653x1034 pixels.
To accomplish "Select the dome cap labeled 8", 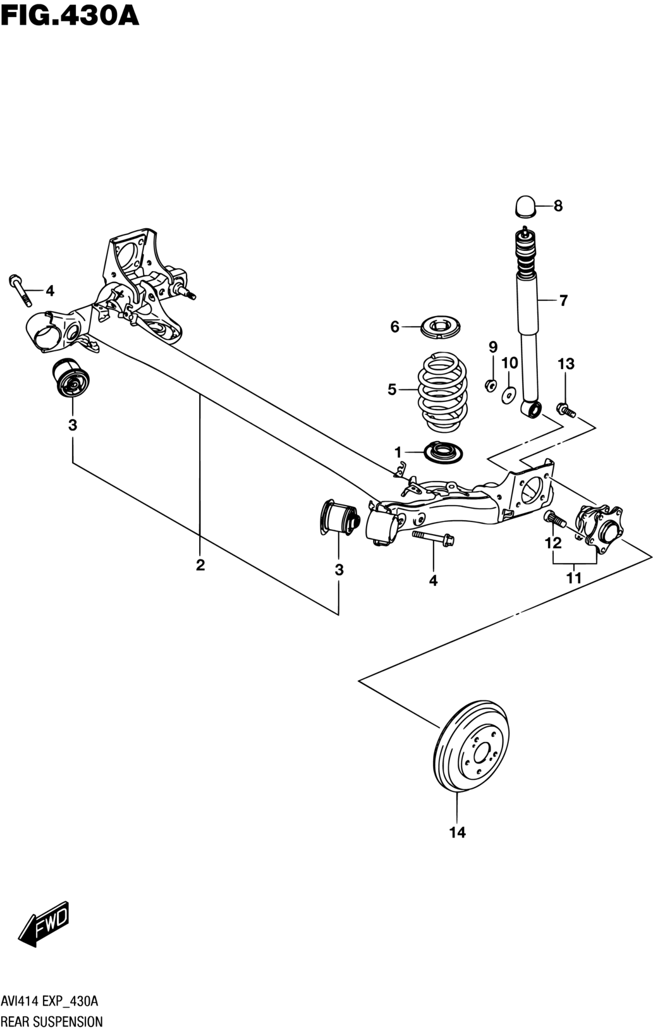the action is [525, 206].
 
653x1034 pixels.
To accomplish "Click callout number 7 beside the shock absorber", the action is [563, 300].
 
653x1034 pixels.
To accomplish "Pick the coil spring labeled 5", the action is [442, 392].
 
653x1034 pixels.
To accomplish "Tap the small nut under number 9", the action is [491, 384].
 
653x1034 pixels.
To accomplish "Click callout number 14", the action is [458, 832].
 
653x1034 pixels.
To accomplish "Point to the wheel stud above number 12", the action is [555, 519].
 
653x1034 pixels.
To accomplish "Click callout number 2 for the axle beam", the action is [200, 564].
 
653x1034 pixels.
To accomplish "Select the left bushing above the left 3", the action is [72, 377].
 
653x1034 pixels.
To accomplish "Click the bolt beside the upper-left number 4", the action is [20, 290].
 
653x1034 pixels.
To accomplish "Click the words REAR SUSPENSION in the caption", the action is [52, 1021].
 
